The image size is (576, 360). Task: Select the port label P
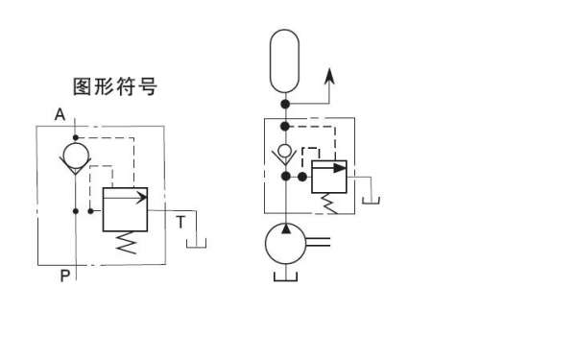64,276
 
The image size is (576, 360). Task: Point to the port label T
180,222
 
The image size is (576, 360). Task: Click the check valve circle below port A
75,154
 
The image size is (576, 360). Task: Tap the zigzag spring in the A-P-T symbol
126,243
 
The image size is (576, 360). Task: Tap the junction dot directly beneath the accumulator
285,103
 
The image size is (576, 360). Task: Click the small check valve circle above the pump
285,150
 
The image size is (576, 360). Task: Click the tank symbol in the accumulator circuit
371,200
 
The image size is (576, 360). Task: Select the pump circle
285,243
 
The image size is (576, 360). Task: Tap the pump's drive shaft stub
320,243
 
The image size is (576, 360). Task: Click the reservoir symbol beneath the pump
285,277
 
